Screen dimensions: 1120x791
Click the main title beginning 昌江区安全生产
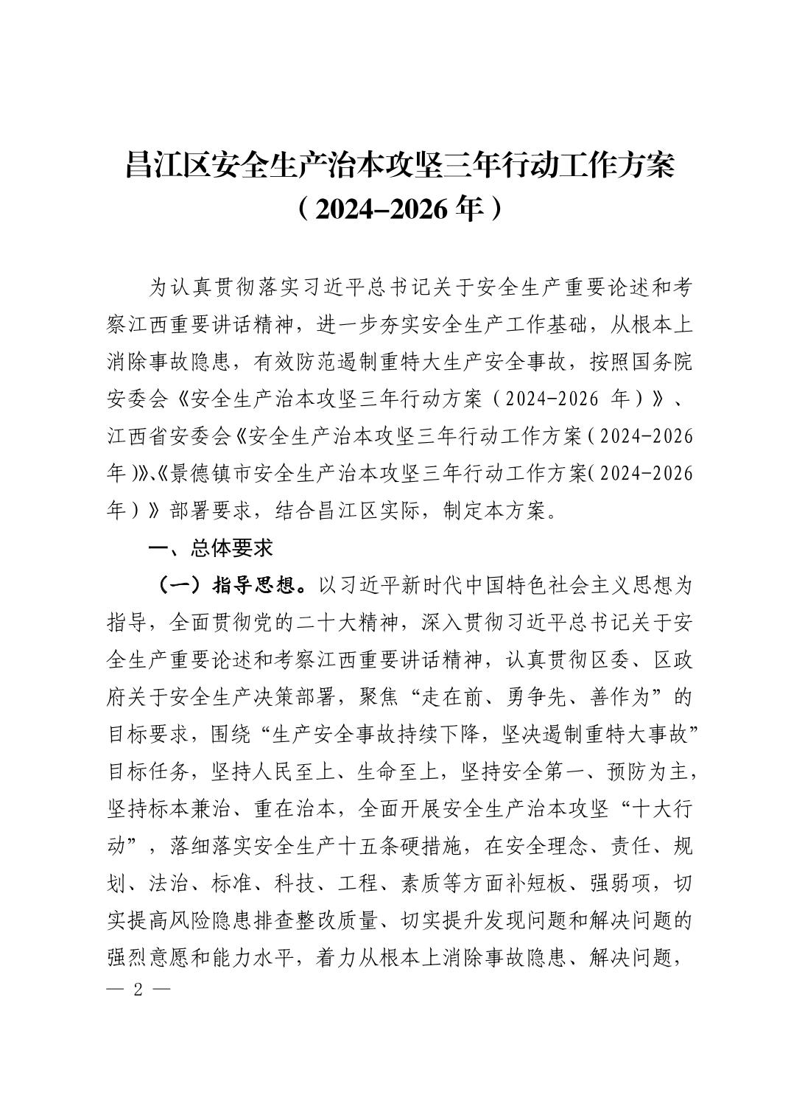tap(400, 166)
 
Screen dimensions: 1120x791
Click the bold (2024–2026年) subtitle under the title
tap(400, 209)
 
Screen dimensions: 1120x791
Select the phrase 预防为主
tap(649, 772)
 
